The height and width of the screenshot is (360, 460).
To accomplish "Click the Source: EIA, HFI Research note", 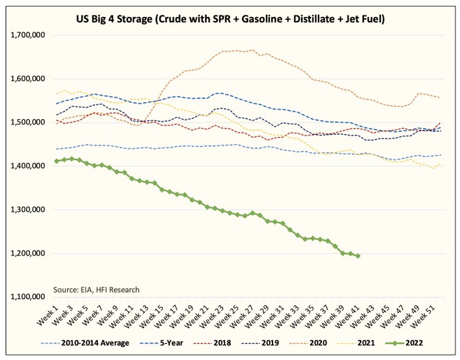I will click(x=97, y=290).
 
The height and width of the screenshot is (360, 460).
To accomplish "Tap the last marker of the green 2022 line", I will click(x=358, y=256).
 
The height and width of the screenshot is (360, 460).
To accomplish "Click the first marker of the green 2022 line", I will click(x=57, y=161).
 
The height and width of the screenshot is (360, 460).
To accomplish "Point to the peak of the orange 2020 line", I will click(x=253, y=49).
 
